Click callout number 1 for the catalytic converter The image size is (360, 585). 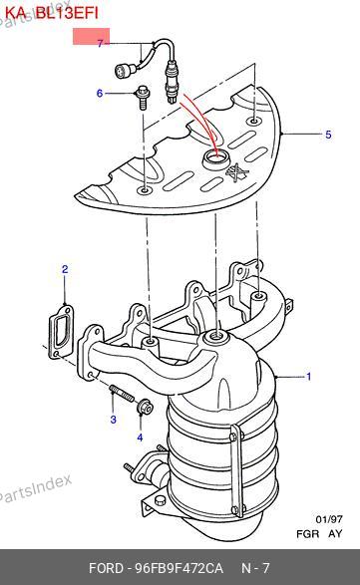point(309,377)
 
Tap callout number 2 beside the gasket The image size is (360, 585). point(65,269)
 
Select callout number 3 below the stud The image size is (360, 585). point(113,420)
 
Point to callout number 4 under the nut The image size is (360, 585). point(140,438)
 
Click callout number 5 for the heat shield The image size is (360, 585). point(328,135)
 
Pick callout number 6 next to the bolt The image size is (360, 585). point(100,93)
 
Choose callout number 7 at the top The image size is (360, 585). point(100,43)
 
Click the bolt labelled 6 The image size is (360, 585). point(143,98)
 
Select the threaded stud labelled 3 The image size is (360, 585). point(122,394)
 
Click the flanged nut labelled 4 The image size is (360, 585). point(144,407)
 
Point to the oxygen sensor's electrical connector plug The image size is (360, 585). point(122,71)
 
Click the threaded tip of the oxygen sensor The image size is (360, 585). point(172,100)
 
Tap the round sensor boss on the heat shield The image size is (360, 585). point(214,159)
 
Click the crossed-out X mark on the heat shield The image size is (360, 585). point(237,172)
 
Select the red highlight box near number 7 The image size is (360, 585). point(91,36)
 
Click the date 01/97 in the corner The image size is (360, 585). point(329,519)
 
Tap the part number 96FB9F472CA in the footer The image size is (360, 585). point(179,568)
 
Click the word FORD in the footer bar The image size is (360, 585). point(106,568)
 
